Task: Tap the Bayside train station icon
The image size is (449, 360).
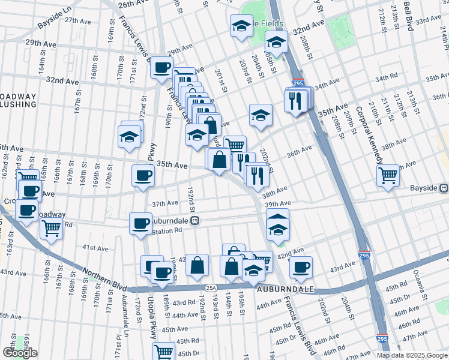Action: click(x=444, y=188)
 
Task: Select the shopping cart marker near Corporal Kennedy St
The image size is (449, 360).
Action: click(x=388, y=175)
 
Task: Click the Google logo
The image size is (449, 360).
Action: click(x=19, y=353)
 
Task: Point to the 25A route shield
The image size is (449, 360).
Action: click(x=211, y=288)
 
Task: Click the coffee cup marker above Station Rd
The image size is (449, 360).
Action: click(x=140, y=223)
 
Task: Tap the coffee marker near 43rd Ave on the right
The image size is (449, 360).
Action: click(x=301, y=267)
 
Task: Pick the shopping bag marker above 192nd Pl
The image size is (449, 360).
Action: click(x=197, y=265)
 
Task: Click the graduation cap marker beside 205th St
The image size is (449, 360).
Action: click(x=276, y=41)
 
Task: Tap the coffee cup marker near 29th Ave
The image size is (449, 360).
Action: click(x=161, y=67)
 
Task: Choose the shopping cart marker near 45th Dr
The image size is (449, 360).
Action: click(x=164, y=351)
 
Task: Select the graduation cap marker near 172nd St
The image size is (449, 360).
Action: click(x=130, y=136)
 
